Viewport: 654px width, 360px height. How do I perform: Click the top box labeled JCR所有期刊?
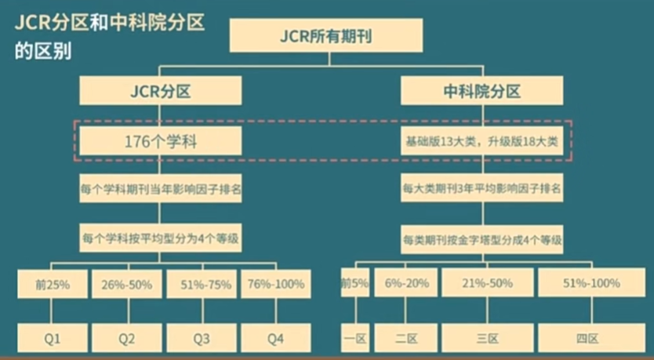click(x=325, y=35)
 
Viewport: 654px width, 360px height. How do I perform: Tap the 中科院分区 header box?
click(x=481, y=92)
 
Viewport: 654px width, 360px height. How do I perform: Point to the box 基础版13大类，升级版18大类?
click(x=481, y=142)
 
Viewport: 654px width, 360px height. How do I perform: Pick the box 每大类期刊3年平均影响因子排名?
click(x=481, y=189)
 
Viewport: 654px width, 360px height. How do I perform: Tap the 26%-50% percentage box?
click(x=127, y=284)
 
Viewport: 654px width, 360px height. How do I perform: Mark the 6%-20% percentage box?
click(x=405, y=284)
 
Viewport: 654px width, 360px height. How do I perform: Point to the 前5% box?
click(x=354, y=284)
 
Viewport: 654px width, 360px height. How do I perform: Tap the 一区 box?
click(x=354, y=339)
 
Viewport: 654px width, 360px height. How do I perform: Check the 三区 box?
click(x=487, y=339)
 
